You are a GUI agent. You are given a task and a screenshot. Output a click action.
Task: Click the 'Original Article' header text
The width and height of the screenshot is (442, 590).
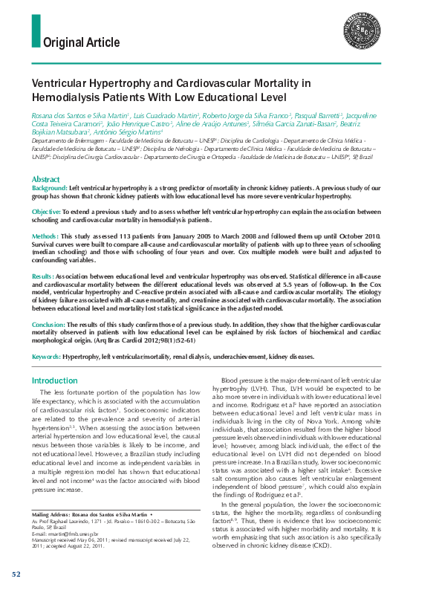(x=82, y=41)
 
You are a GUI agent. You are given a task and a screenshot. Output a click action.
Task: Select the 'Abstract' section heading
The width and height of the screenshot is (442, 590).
(x=45, y=180)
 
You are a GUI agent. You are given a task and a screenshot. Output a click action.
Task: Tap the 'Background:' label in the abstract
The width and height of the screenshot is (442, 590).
(x=49, y=189)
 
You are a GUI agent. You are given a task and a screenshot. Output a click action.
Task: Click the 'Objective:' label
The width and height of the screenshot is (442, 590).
(x=46, y=213)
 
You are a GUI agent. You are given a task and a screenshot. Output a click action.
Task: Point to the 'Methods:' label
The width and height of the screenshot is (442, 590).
(x=45, y=236)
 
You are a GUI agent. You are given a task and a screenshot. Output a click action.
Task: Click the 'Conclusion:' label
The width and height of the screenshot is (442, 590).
(x=48, y=325)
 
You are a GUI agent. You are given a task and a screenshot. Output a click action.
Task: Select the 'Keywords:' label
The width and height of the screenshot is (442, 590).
(x=46, y=357)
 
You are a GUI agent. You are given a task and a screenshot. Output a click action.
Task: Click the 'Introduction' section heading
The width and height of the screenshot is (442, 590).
(x=54, y=380)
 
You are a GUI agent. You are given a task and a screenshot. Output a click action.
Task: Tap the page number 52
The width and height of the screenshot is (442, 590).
(x=16, y=575)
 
